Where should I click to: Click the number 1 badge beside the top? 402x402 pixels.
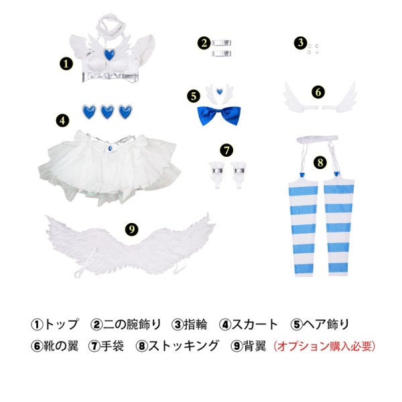[66, 63]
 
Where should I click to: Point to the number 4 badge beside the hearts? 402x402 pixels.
[62, 121]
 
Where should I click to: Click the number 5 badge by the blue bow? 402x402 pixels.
[193, 96]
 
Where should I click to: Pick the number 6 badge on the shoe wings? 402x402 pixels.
[318, 92]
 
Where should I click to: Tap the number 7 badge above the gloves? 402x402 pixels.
[226, 148]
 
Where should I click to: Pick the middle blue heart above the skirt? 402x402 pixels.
[107, 112]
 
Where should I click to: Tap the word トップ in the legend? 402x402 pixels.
[60, 324]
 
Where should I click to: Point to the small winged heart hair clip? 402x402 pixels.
[218, 91]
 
